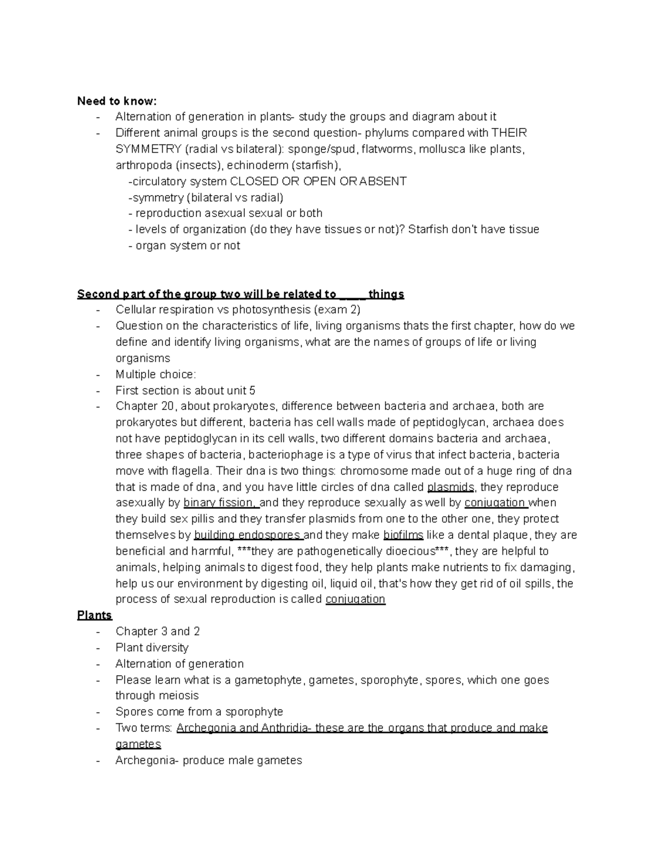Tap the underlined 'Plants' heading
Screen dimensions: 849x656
click(x=94, y=615)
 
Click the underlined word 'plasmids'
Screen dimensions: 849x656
click(x=451, y=487)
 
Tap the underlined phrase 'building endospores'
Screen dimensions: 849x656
click(x=248, y=535)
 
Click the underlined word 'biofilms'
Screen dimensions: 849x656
click(x=403, y=535)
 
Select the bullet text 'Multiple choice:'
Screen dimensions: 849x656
click(x=155, y=374)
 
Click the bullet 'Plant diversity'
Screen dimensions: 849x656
click(x=152, y=648)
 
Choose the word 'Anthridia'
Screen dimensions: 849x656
click(x=284, y=728)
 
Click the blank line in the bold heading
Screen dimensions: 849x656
click(x=353, y=295)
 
